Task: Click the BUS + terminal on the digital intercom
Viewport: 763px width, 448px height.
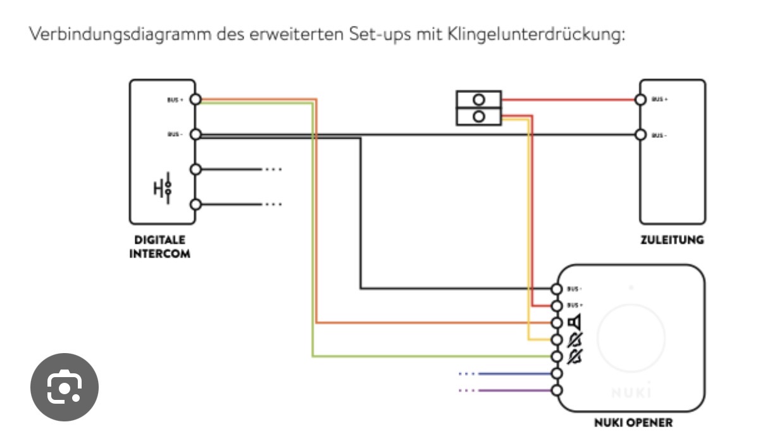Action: coord(195,99)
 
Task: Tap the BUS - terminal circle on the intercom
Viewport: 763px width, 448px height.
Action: coord(195,134)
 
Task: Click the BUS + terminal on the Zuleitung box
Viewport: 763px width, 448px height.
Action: coord(640,99)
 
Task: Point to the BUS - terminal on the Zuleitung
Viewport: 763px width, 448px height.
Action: coord(640,134)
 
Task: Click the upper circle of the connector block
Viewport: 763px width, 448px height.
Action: coord(479,99)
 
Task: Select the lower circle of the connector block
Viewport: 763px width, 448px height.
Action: coord(479,116)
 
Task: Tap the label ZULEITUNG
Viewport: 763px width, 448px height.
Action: coord(672,240)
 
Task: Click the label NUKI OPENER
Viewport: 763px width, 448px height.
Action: coord(633,422)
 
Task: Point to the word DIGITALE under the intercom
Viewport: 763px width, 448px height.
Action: coord(159,240)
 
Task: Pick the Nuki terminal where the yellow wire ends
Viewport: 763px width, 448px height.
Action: coord(557,340)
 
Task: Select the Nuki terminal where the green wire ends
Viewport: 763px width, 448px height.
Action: coord(557,356)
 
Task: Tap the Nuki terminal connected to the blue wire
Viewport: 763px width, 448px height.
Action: coord(557,373)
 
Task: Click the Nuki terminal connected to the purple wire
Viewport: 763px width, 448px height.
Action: coord(557,390)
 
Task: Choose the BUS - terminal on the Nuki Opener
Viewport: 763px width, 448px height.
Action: coord(557,289)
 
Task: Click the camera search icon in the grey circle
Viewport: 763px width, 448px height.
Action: coord(65,387)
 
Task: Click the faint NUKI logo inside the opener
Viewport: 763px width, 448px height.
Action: coord(631,393)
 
